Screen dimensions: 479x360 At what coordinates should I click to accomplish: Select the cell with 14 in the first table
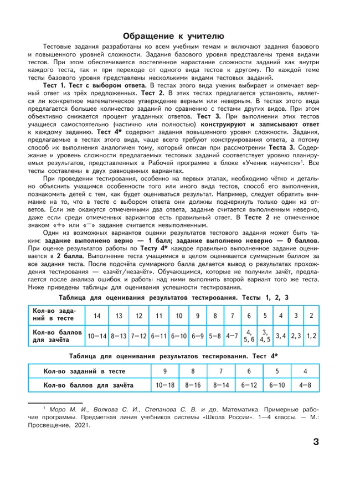coord(97,315)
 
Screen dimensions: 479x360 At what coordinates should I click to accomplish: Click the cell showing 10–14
coord(97,335)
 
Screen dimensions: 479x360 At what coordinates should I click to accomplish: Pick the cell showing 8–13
coord(119,335)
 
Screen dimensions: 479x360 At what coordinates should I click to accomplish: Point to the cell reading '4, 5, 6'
coord(249,335)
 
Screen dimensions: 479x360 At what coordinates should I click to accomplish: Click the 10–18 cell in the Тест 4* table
coord(164,384)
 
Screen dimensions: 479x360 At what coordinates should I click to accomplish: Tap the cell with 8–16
coord(193,384)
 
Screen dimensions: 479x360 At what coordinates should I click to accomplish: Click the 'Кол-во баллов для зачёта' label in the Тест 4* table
coord(85,384)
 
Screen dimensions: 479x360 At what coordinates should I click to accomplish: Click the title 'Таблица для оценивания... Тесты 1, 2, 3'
coord(180,297)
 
